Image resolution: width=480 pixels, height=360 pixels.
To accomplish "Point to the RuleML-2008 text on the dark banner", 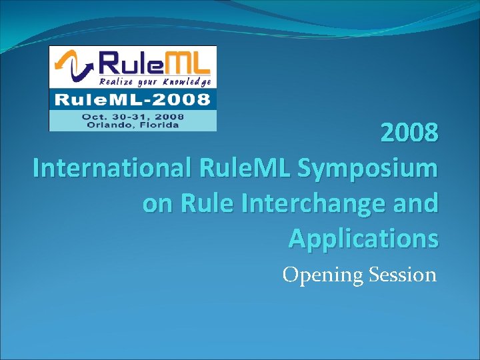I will coord(132,100).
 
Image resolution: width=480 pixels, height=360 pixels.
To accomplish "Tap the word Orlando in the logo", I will coord(105,125).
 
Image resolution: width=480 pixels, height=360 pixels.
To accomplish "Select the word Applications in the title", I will coord(363,237).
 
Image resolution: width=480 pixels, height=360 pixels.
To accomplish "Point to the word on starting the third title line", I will coord(157,203).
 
